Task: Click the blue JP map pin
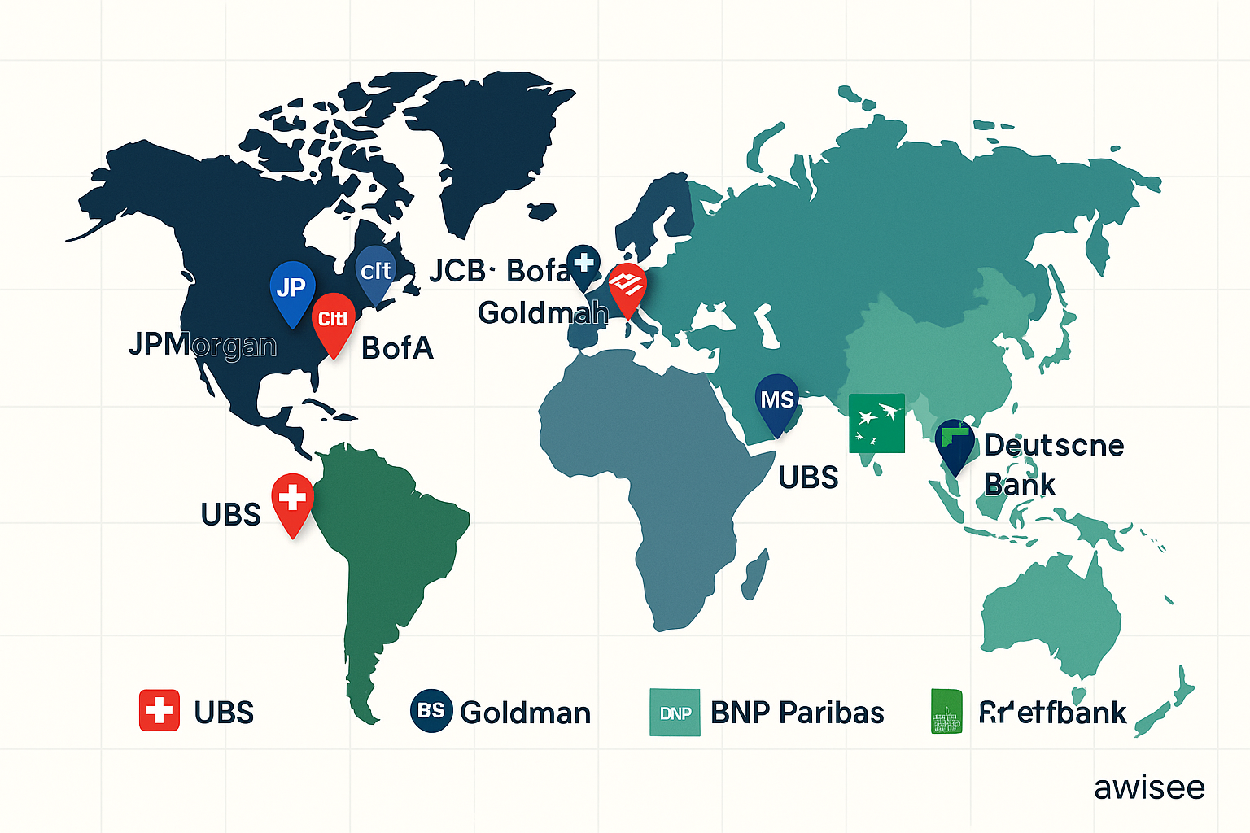tap(291, 289)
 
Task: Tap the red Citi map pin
tap(333, 320)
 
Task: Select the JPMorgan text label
tap(203, 345)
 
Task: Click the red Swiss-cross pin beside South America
tap(292, 499)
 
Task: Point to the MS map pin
tap(776, 400)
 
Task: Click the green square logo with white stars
tap(876, 423)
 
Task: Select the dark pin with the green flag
tap(955, 442)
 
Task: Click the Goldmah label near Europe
tap(543, 312)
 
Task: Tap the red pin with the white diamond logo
tap(627, 286)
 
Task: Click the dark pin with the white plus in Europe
tap(583, 264)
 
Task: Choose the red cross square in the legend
tap(160, 711)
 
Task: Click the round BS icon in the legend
tap(431, 711)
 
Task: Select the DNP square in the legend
tap(675, 713)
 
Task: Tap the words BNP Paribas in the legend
tap(797, 713)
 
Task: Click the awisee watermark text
tap(1149, 787)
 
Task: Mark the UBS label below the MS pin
tap(808, 478)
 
